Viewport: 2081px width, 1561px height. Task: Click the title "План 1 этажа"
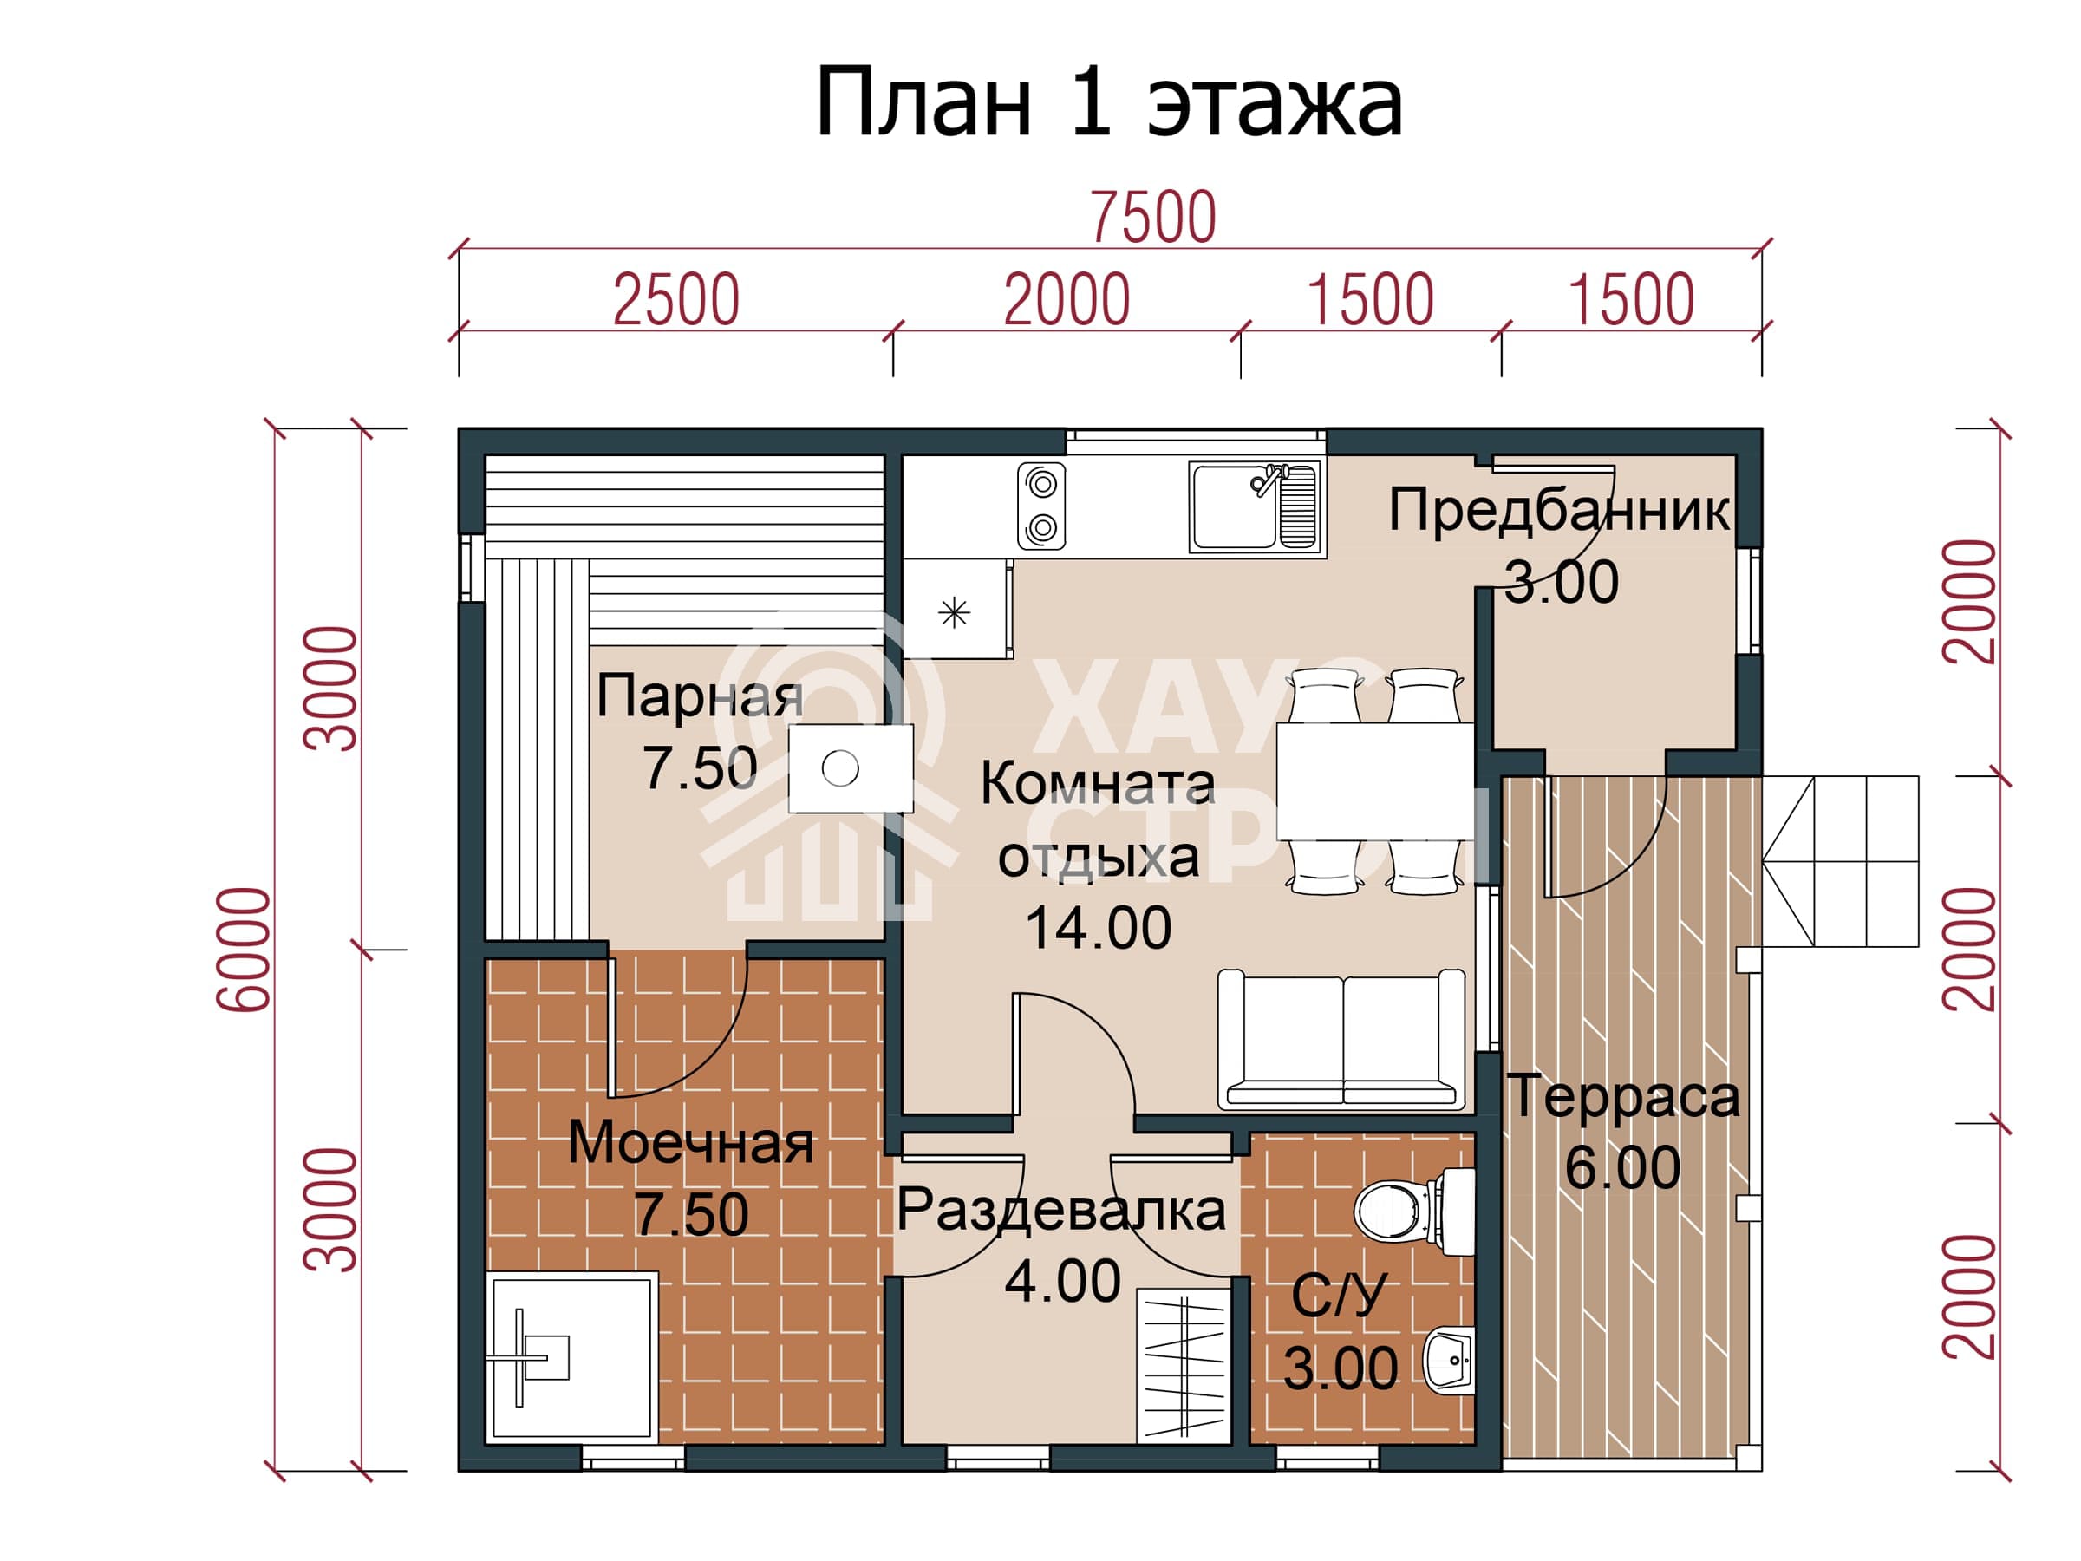[x=1109, y=102]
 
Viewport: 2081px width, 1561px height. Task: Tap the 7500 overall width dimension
[x=1152, y=218]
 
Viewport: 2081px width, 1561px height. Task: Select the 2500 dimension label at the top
[x=676, y=300]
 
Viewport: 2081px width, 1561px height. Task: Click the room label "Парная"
[x=700, y=697]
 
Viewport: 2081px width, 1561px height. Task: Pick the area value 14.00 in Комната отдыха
[x=1098, y=928]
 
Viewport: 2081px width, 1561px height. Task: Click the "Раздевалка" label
[x=1061, y=1210]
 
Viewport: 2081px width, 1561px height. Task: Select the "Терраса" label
[x=1623, y=1096]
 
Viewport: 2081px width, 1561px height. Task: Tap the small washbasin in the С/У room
[x=1450, y=1359]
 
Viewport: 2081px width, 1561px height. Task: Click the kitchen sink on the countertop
[x=1254, y=506]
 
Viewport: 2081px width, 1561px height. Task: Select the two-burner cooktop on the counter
[x=1041, y=506]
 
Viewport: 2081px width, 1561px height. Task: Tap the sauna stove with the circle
[x=851, y=768]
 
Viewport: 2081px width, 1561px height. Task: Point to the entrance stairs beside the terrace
[x=1839, y=861]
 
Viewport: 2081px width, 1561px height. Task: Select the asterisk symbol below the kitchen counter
[x=954, y=613]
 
